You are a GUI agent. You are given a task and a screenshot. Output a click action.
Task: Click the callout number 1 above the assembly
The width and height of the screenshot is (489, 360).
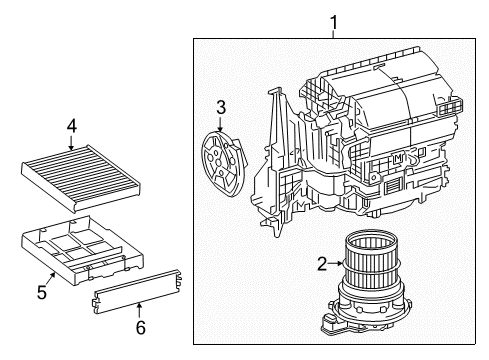[334, 19]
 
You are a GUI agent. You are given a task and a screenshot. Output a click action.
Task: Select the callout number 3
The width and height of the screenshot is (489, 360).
[222, 107]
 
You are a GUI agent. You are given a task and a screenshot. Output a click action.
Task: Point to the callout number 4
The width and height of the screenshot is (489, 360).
[71, 126]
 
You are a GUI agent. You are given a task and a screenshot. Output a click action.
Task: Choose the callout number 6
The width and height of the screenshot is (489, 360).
[139, 326]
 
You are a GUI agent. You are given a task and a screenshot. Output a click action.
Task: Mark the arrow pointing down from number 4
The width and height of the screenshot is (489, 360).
[71, 142]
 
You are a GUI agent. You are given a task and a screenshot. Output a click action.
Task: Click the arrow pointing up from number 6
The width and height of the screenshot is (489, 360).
[139, 309]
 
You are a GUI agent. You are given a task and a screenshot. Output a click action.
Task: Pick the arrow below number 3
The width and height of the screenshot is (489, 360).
[222, 122]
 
